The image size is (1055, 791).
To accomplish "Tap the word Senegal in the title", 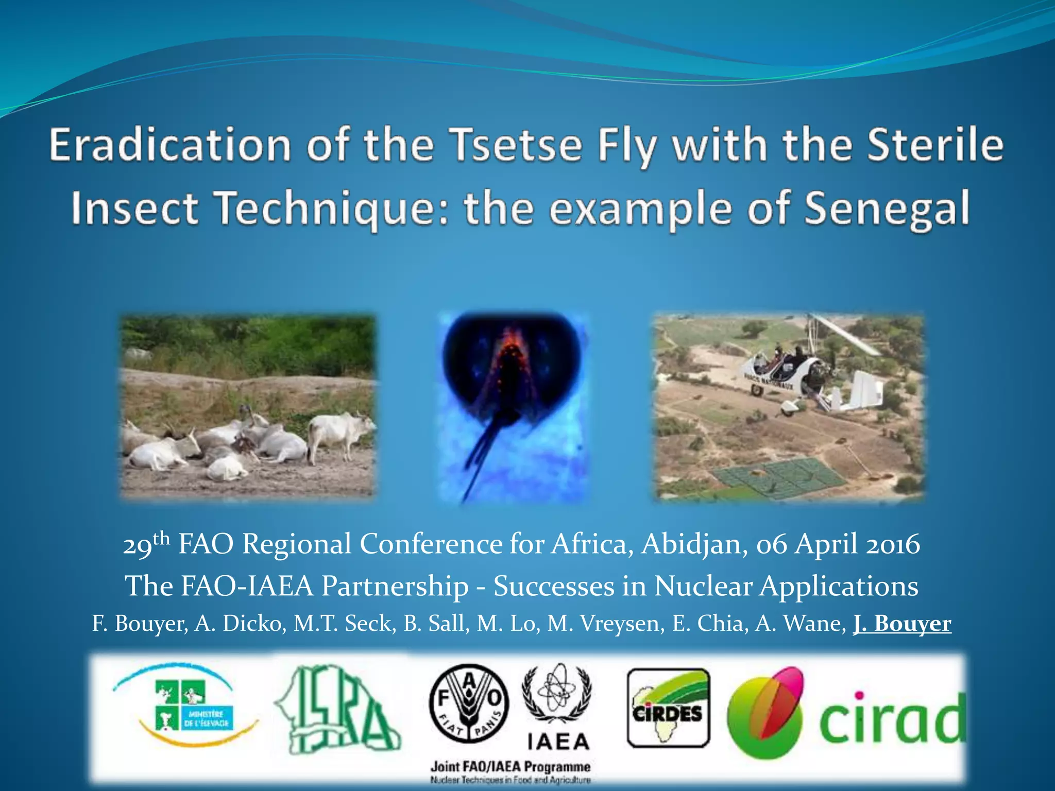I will pyautogui.click(x=886, y=209).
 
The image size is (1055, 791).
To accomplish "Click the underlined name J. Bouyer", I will pyautogui.click(x=902, y=624).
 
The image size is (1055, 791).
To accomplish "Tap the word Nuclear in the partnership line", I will pyautogui.click(x=703, y=586).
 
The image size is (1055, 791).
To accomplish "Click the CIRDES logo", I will pyautogui.click(x=668, y=708).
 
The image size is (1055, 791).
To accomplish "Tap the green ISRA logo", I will pyautogui.click(x=337, y=709).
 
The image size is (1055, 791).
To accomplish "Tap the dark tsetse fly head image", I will pyautogui.click(x=513, y=371).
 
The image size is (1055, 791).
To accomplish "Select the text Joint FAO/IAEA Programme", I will pyautogui.click(x=510, y=766).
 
